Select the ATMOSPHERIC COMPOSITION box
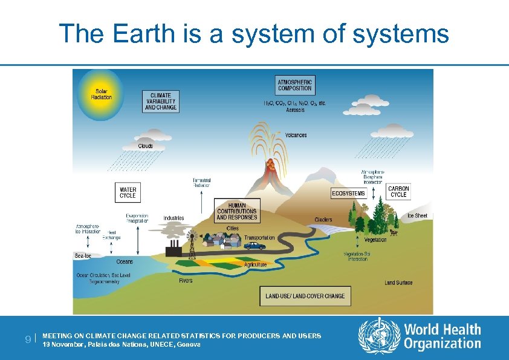pos(295,85)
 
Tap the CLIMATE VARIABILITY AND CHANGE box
pos(161,102)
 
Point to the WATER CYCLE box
pos(128,192)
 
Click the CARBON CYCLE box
pos(398,191)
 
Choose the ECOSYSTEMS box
pos(349,193)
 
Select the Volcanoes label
pos(296,135)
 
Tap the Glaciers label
pos(323,219)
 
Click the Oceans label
pos(125,262)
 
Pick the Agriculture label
pos(255,265)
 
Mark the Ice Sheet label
pos(417,216)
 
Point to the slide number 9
pos(28,339)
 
